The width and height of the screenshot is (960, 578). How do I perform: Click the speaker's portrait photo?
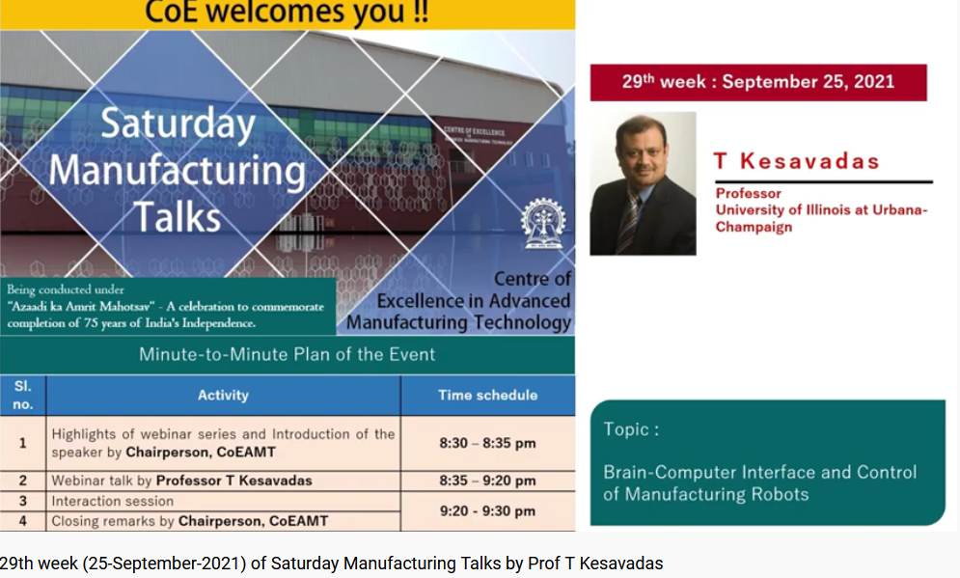point(643,183)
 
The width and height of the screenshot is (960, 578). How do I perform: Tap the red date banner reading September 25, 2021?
point(757,82)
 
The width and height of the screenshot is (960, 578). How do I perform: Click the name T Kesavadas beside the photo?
point(796,161)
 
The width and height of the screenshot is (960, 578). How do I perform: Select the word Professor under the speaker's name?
point(749,193)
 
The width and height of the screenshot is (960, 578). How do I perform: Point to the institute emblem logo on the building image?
point(543,226)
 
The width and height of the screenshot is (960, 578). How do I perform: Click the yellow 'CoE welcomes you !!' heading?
point(287,14)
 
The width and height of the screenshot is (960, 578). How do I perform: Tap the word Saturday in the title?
point(178,124)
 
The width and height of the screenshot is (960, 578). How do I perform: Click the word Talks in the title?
point(178,216)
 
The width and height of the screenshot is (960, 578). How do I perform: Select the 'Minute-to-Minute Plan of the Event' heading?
point(287,354)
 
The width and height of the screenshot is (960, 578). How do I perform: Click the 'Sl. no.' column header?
point(22,395)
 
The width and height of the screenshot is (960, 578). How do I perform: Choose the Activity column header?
point(223,395)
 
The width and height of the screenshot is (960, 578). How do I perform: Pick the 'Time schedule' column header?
point(487,395)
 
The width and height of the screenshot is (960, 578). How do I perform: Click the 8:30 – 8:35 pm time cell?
point(487,444)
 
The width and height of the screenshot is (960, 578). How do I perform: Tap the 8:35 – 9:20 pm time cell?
point(487,481)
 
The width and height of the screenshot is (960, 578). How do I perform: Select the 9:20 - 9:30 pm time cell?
point(487,510)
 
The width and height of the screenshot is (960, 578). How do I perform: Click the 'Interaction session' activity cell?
point(113,501)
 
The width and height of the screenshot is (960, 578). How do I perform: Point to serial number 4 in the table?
point(22,521)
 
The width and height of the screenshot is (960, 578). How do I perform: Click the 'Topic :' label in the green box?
point(631,429)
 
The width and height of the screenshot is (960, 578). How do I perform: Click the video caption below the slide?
point(332,564)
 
